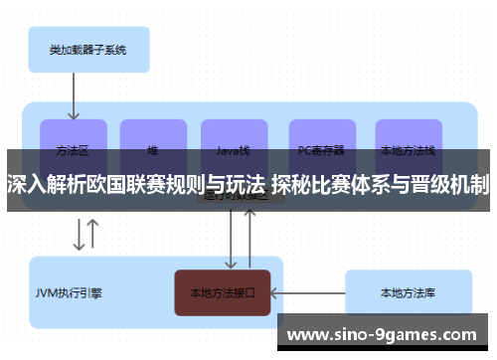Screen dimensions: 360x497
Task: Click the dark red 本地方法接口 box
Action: click(x=223, y=293)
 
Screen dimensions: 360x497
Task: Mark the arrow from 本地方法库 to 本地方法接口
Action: click(x=307, y=293)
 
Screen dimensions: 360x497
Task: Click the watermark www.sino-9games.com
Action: click(x=387, y=334)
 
